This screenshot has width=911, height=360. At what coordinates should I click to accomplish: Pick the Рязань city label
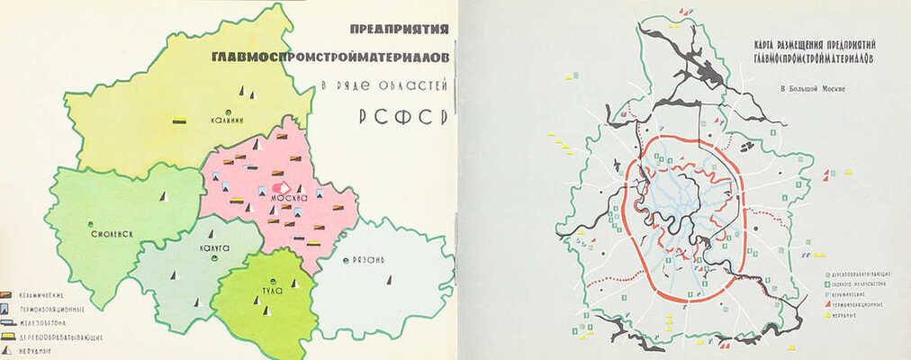tap(368, 260)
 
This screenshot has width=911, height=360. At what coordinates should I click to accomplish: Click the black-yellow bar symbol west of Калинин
tap(180, 119)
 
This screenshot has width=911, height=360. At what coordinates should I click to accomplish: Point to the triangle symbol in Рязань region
tap(389, 280)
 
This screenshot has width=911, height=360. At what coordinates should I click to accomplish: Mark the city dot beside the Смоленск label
tap(91, 224)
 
